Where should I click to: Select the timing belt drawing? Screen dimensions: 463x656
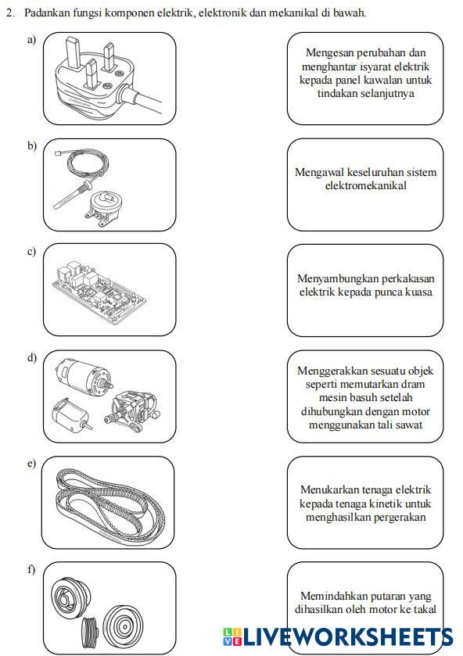pyautogui.click(x=110, y=505)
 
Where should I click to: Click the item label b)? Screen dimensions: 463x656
pyautogui.click(x=32, y=145)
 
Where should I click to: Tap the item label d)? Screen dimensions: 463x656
pyautogui.click(x=32, y=357)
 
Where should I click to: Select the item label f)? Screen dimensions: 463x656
pyautogui.click(x=31, y=569)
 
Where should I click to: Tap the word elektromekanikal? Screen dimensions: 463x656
pyautogui.click(x=365, y=185)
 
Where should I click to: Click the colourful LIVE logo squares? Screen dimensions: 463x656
pyautogui.click(x=231, y=636)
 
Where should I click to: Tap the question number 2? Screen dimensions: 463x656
pyautogui.click(x=10, y=13)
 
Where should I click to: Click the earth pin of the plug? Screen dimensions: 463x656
pyautogui.click(x=74, y=52)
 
